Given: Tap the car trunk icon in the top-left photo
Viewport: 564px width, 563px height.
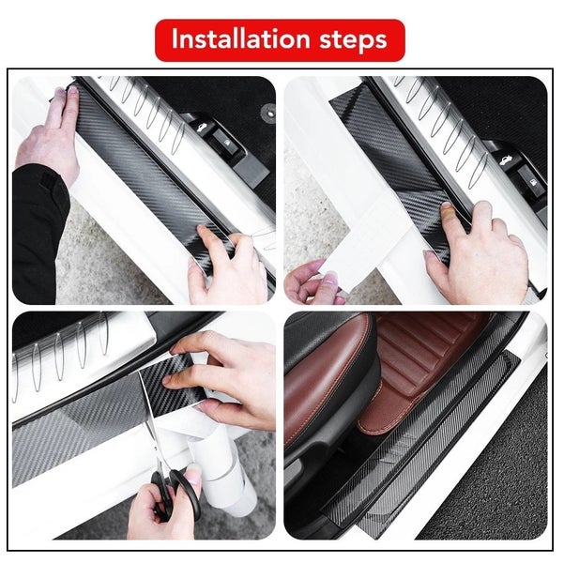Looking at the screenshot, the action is [x=199, y=127].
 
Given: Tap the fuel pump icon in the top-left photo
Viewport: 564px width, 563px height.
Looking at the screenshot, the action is [x=227, y=143].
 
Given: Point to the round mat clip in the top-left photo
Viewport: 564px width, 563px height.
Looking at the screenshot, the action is [x=268, y=111].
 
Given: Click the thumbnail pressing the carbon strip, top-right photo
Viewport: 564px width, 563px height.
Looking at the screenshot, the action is [x=448, y=206].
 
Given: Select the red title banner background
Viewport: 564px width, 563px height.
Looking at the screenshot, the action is [x=280, y=40].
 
